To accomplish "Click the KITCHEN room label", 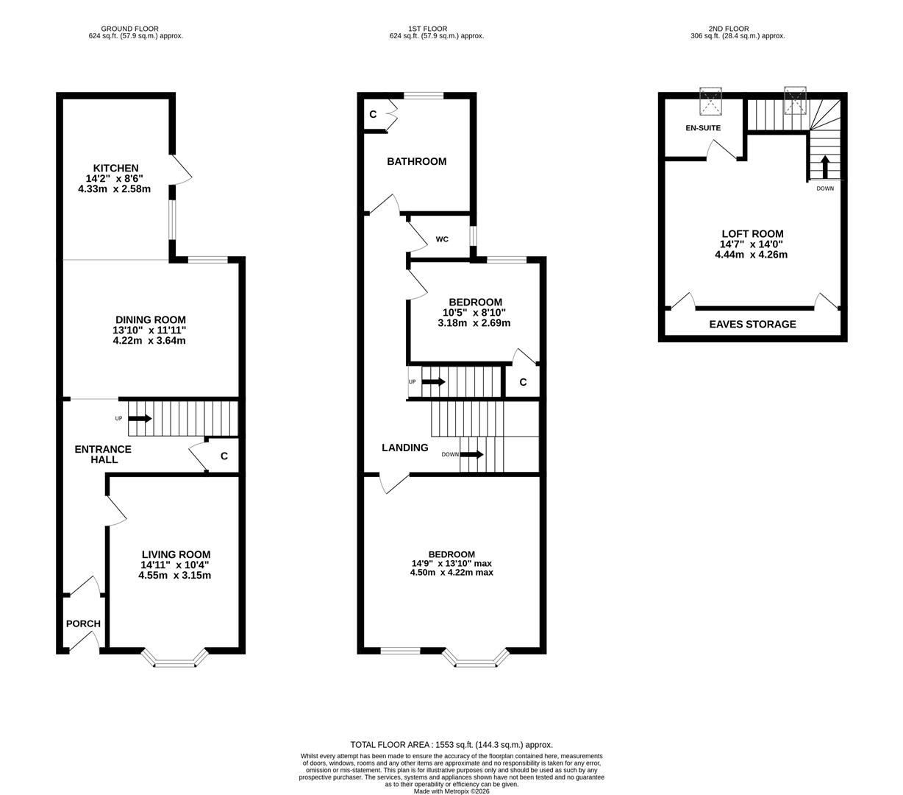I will coord(115,169).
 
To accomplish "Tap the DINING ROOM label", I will coord(149,320).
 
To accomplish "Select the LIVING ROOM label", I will coord(176,555).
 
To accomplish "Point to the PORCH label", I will coord(83,623).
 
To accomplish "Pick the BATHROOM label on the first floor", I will coord(416,161).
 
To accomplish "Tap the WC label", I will coord(442,239).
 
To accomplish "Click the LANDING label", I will coord(404,448).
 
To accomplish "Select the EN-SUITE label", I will coord(703,128).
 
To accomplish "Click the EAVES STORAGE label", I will coord(752,324).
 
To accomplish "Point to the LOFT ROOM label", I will coord(752,234).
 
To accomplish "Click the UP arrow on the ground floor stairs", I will coord(140,419).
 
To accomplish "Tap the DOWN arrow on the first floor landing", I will coord(471,454).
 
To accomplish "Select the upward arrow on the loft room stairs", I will coord(824,167).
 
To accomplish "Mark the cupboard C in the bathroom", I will coord(373,114).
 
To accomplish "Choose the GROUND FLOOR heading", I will coord(130,29).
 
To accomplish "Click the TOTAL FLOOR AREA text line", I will coord(451,745).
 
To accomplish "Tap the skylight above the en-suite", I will coord(711,102).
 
